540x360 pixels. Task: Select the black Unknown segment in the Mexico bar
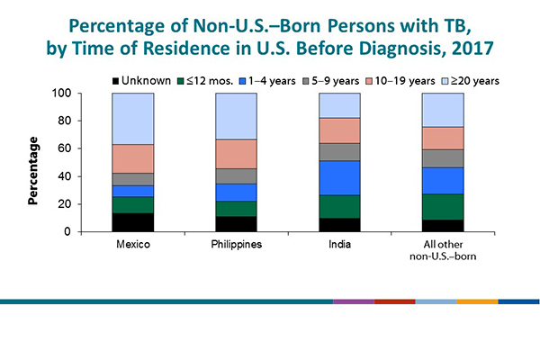132,222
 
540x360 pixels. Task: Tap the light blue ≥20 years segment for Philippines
235,116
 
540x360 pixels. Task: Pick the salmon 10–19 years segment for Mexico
132,158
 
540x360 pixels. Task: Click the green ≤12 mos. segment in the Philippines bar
235,209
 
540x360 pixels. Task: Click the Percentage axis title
33,170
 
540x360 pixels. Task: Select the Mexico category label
132,245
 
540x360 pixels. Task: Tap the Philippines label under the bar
235,245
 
